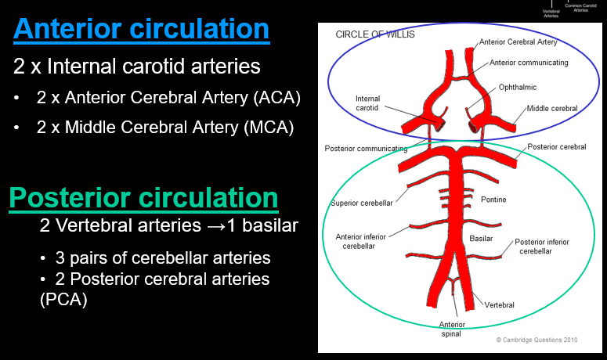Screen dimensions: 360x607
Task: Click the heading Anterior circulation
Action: tap(141, 29)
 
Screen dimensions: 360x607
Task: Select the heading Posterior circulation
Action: tap(143, 198)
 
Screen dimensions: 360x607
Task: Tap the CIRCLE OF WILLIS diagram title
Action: tap(375, 34)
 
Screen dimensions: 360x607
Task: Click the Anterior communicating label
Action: tap(529, 62)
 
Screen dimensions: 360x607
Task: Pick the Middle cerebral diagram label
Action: tap(552, 109)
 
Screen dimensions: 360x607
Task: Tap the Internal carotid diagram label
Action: tap(368, 103)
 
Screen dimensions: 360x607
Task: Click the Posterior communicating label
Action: tap(366, 148)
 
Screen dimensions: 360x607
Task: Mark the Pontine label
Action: tap(493, 200)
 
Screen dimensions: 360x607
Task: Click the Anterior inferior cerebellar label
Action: tap(366, 241)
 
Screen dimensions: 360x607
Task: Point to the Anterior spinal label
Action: tap(452, 329)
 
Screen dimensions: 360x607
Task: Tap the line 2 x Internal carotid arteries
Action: tap(136, 67)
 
